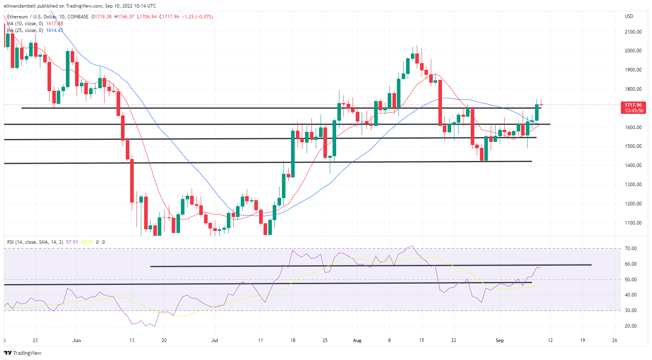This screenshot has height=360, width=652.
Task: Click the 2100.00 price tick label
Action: (633, 32)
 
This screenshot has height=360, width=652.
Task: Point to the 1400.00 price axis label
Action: (633, 165)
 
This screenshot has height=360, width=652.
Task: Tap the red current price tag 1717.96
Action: (633, 105)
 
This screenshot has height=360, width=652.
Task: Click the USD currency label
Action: (629, 16)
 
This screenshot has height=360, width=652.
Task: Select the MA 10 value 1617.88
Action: (54, 24)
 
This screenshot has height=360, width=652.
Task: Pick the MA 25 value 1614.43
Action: (54, 30)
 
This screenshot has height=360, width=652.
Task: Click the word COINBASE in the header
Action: (78, 17)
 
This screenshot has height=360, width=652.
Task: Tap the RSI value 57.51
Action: (72, 242)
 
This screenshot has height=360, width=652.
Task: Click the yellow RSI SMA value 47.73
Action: (87, 242)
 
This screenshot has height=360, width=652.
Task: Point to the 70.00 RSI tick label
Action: (630, 249)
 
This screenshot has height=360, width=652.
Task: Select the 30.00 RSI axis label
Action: (630, 310)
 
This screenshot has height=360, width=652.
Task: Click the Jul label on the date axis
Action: (215, 340)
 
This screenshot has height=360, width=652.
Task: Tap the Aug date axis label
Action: (357, 340)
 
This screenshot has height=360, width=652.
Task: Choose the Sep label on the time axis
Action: (499, 340)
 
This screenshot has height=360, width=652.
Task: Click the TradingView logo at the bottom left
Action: (23, 353)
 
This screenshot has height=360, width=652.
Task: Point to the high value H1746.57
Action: (124, 17)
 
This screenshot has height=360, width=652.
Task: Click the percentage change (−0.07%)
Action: (204, 17)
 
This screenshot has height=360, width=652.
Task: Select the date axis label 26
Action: (614, 340)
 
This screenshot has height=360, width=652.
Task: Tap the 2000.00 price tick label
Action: (633, 51)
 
